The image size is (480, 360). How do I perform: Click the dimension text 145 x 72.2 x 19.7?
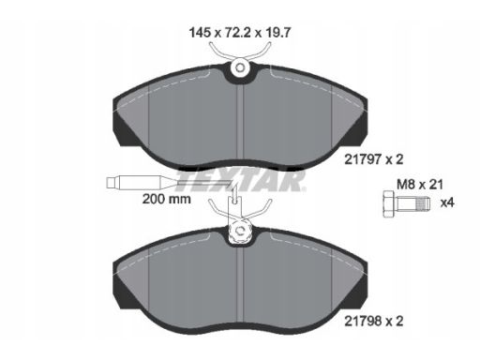pyautogui.click(x=240, y=32)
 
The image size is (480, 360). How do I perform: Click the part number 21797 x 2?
pyautogui.click(x=374, y=159)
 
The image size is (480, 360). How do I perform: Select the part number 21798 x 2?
pyautogui.click(x=374, y=321)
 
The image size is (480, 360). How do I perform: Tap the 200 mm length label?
pyautogui.click(x=166, y=199)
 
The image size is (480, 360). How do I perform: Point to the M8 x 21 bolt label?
pyautogui.click(x=420, y=185)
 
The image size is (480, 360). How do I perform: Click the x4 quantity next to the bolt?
pyautogui.click(x=447, y=203)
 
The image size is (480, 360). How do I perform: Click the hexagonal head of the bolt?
pyautogui.click(x=389, y=203)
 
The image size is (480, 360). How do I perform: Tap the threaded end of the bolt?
pyautogui.click(x=424, y=203)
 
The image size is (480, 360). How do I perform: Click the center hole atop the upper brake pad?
pyautogui.click(x=240, y=67)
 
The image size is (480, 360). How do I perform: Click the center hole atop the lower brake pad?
pyautogui.click(x=240, y=231)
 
